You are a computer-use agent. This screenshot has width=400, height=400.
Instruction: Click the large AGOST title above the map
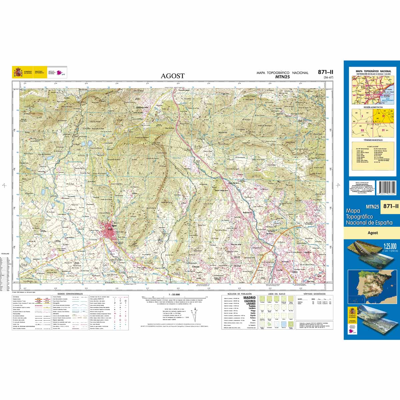[172, 76]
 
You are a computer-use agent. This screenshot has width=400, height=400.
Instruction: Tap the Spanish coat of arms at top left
[17, 72]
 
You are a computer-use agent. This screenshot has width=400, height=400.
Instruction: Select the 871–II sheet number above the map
[325, 72]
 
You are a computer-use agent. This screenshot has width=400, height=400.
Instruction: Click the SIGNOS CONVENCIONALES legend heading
[70, 294]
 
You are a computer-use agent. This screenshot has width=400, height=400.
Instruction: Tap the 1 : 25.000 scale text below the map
[174, 294]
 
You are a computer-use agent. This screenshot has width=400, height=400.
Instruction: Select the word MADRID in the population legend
[250, 298]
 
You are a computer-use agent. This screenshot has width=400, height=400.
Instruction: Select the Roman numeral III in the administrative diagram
[362, 130]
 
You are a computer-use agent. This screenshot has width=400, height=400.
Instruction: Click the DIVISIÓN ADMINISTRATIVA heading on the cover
[373, 108]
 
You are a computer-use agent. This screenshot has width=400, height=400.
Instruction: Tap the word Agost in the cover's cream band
[372, 233]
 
